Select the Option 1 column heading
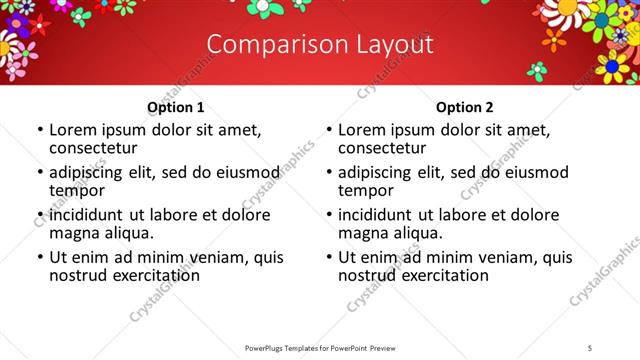(175, 107)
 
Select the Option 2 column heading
(464, 107)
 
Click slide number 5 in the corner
(591, 347)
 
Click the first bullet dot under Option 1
(39, 130)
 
